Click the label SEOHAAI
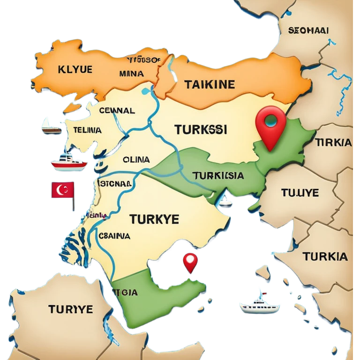(308, 30)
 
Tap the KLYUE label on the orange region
(75, 70)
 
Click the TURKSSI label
(200, 129)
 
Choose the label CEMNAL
(117, 111)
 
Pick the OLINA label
(136, 159)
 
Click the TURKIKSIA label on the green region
(217, 175)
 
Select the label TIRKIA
(334, 143)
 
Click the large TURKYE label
(154, 218)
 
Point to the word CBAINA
(114, 236)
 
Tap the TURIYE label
(70, 309)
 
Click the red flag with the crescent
(63, 191)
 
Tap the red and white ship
(68, 162)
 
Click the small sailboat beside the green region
(225, 201)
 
